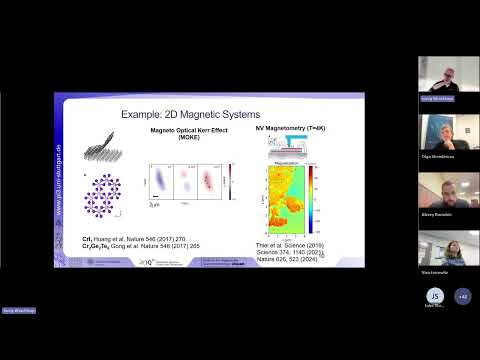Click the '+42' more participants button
pyautogui.click(x=462, y=296)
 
